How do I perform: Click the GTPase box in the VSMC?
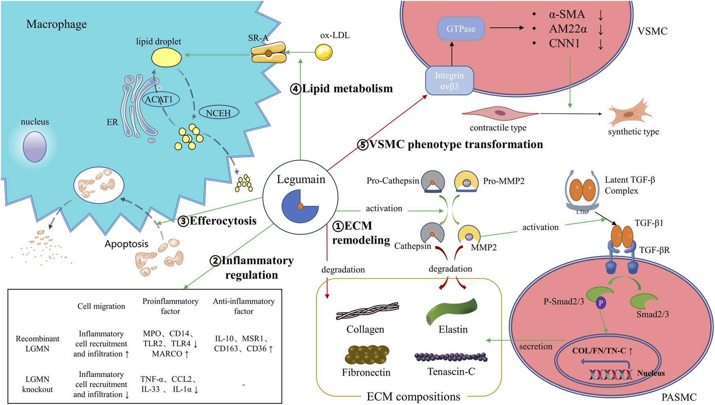click(x=461, y=29)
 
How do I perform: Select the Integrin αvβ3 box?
click(x=449, y=81)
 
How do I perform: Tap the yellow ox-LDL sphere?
click(x=324, y=52)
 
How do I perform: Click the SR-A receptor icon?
click(x=269, y=53)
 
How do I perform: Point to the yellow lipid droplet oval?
click(x=166, y=57)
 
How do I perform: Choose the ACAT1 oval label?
click(x=160, y=99)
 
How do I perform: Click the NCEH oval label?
click(x=218, y=113)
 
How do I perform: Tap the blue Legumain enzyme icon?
click(x=300, y=206)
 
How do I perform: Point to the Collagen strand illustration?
click(x=367, y=311)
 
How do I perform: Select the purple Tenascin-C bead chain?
click(x=451, y=357)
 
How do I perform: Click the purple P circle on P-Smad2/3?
click(x=601, y=303)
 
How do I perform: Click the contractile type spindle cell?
click(x=500, y=113)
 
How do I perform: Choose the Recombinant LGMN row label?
click(x=38, y=343)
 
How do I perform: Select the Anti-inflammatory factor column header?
click(x=244, y=306)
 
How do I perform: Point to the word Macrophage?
click(x=56, y=24)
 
